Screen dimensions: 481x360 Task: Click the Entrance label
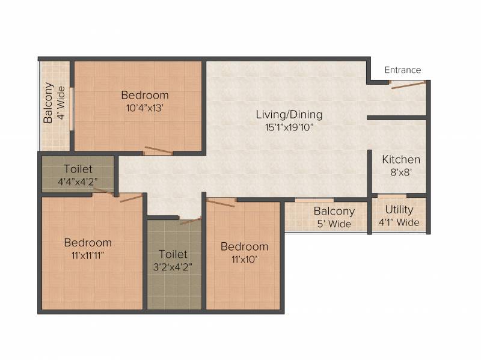(402, 70)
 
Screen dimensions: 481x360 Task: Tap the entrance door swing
(409, 85)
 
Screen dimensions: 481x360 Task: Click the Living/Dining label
(289, 115)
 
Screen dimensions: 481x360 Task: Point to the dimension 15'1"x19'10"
(289, 127)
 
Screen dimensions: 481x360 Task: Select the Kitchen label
(401, 159)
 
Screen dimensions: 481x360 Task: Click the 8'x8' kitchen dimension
(401, 172)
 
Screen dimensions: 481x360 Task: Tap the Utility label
(399, 210)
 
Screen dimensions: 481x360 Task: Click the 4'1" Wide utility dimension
(399, 222)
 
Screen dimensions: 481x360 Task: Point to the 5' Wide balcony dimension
(334, 224)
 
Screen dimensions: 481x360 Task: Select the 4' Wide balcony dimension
(61, 103)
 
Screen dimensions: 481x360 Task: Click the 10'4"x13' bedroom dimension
(144, 108)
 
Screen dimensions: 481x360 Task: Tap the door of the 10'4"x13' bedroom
(159, 150)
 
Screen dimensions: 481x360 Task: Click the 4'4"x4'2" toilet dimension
(78, 182)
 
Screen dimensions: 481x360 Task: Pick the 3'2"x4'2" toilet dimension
(173, 267)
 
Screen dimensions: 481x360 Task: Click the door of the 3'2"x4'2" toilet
(191, 221)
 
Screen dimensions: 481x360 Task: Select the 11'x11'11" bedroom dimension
(88, 255)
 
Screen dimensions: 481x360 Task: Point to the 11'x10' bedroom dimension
(244, 260)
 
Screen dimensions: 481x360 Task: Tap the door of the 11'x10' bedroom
(221, 203)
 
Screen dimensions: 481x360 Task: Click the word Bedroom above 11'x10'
(244, 247)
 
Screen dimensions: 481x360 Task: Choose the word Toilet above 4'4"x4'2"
(78, 169)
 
